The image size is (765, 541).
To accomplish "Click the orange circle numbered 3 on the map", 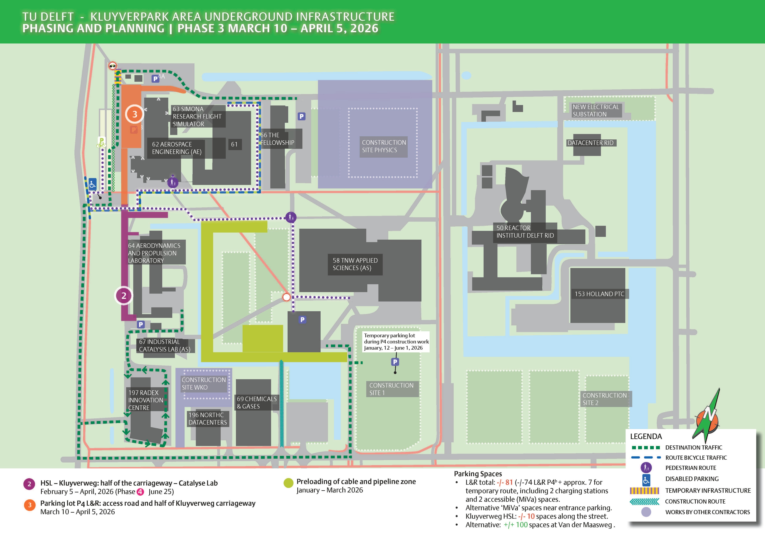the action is [x=135, y=114].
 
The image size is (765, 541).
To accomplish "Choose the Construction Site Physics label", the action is [x=384, y=146].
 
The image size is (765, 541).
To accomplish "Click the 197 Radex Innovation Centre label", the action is [x=146, y=400].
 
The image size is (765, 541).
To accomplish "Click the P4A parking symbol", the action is [x=155, y=79].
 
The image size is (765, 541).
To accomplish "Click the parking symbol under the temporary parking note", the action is [x=395, y=362].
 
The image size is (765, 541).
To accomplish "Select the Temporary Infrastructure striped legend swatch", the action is [x=645, y=491].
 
